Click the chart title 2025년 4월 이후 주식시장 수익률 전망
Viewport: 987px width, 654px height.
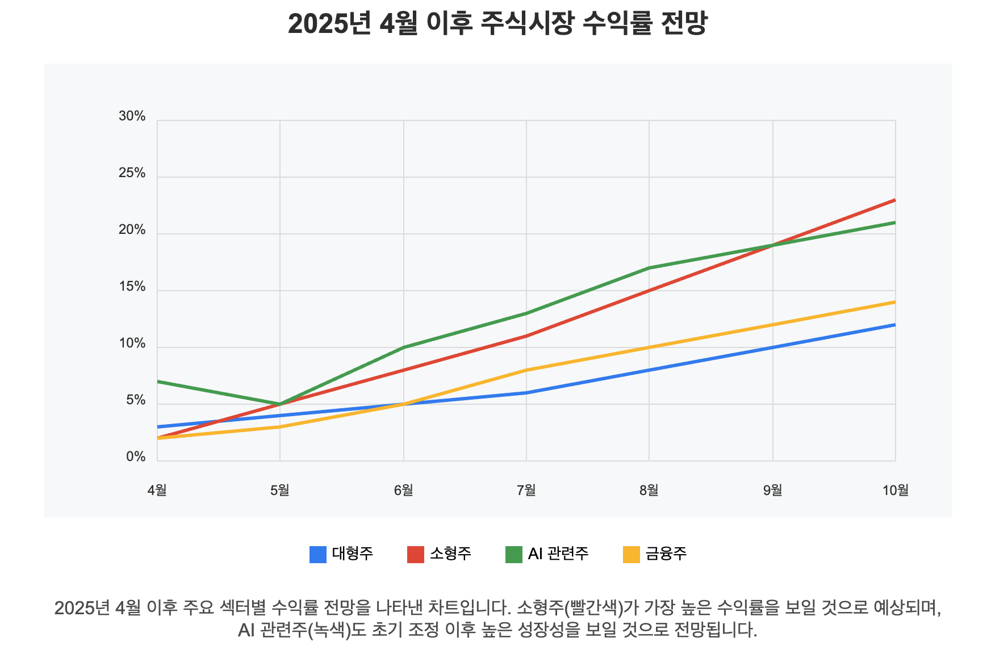[497, 24]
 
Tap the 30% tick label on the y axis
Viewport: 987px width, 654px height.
[132, 116]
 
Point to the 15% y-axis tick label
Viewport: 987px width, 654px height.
[132, 287]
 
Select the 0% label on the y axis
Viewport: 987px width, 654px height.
[135, 457]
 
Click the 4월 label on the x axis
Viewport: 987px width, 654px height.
[157, 490]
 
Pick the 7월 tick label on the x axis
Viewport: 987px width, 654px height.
[526, 490]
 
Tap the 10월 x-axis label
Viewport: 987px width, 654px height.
[895, 490]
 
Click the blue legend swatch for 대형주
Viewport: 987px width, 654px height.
[318, 554]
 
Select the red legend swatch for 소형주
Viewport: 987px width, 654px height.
[416, 554]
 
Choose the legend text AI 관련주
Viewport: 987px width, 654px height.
[558, 554]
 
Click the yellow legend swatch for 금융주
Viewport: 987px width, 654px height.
[631, 554]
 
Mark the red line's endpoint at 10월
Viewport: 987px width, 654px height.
[895, 200]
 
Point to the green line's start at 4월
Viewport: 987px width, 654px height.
[158, 381]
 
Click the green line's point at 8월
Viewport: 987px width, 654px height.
[649, 268]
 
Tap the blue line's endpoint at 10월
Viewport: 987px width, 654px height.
[895, 325]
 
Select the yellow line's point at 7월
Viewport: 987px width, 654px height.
[526, 370]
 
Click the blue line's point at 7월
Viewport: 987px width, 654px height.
[526, 393]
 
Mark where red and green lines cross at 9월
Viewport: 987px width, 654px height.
[772, 245]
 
